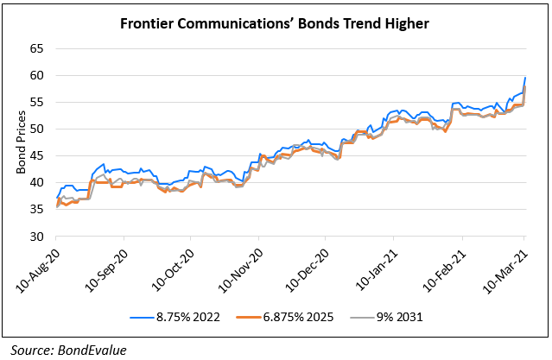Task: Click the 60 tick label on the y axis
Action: point(36,75)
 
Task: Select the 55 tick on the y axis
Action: point(36,102)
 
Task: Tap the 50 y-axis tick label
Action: point(36,129)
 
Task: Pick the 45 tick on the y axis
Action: point(36,155)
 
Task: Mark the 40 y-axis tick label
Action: point(36,182)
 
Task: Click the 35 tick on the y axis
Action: point(36,209)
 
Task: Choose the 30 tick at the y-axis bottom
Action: point(36,236)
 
